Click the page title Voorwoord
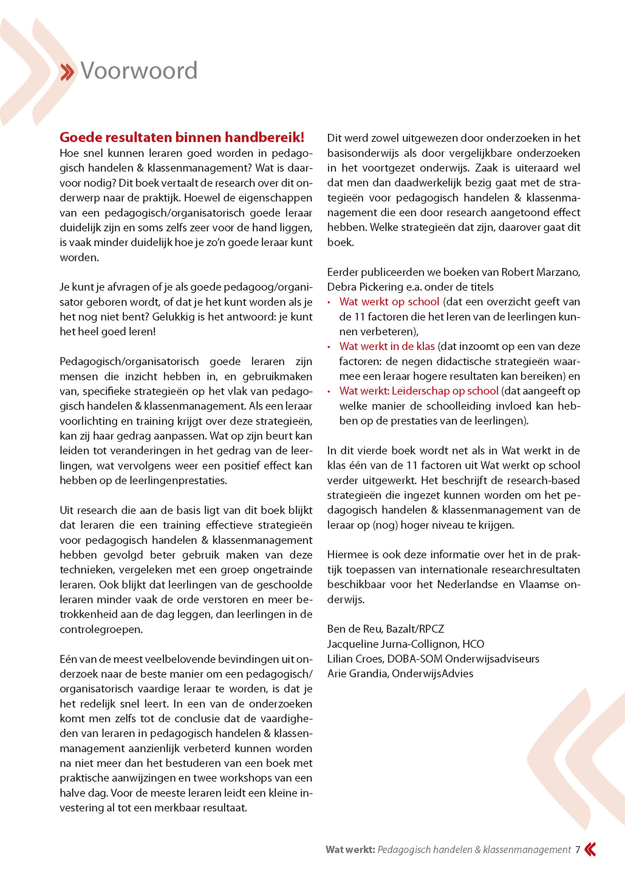tap(139, 71)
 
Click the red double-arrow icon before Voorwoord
tap(67, 73)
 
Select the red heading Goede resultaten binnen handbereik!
tap(182, 137)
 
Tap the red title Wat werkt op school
tap(389, 302)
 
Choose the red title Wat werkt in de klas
tap(387, 346)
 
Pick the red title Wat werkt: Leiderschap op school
tap(419, 391)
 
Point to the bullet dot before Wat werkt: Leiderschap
tap(329, 392)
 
